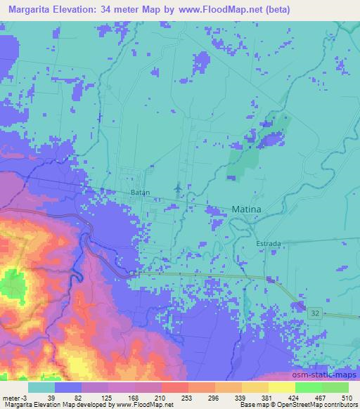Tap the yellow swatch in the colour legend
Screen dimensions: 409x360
pyautogui.click(x=281, y=387)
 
